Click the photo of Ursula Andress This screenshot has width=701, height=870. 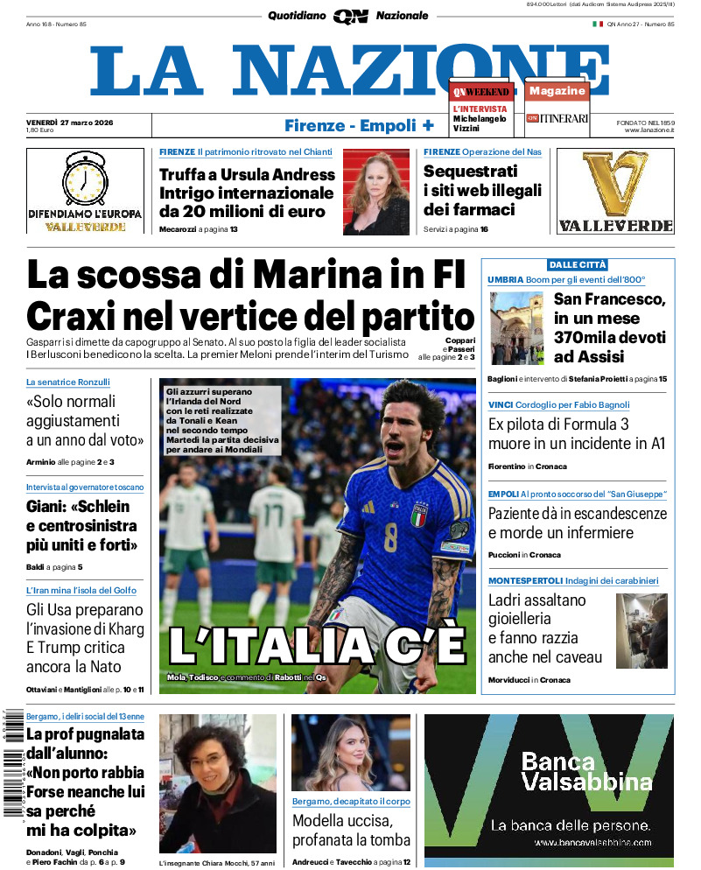pyautogui.click(x=375, y=192)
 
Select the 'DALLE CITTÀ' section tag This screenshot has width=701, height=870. pyautogui.click(x=578, y=264)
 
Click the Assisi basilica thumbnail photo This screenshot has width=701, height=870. pyautogui.click(x=516, y=327)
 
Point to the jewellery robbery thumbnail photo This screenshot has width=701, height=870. pyautogui.click(x=641, y=630)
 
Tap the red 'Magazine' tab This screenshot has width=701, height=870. pyautogui.click(x=557, y=91)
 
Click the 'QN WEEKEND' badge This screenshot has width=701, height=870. pyautogui.click(x=480, y=92)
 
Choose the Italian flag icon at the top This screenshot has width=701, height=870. pyautogui.click(x=598, y=24)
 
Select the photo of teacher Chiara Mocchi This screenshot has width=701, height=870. pyautogui.click(x=217, y=783)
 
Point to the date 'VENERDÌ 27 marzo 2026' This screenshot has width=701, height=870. pyautogui.click(x=75, y=122)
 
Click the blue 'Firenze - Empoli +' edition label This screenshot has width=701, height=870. pyautogui.click(x=359, y=125)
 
